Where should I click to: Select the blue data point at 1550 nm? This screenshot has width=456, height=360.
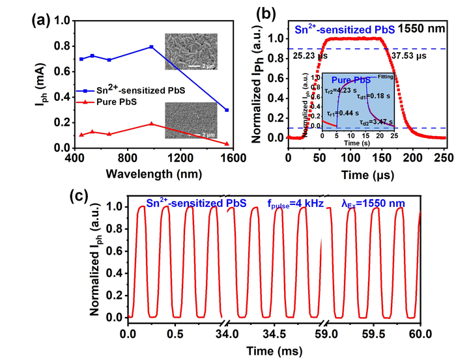226,110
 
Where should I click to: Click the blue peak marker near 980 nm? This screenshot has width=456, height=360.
151,47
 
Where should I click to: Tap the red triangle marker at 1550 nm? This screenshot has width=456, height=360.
226,144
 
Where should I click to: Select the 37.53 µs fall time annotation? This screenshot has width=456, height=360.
410,56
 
